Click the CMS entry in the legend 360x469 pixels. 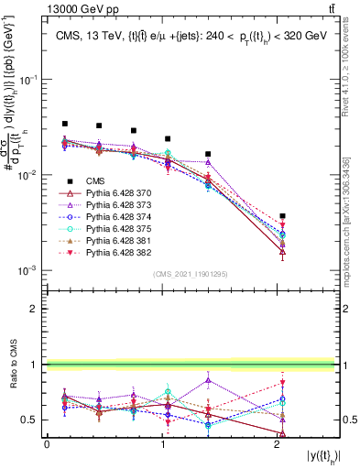96,181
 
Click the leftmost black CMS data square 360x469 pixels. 65,124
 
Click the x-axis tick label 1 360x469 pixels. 162,444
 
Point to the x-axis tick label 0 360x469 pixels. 47,444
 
